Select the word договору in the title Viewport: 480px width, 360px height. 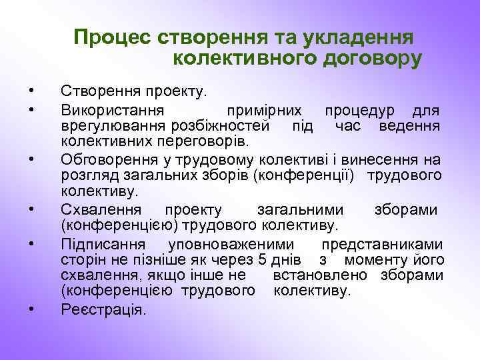pyautogui.click(x=361, y=59)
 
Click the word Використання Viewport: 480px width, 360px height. pyautogui.click(x=115, y=108)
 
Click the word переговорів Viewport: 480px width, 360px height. pyautogui.click(x=201, y=141)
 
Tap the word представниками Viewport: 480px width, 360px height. pyautogui.click(x=382, y=241)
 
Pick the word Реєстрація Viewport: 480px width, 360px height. pyautogui.click(x=102, y=308)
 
